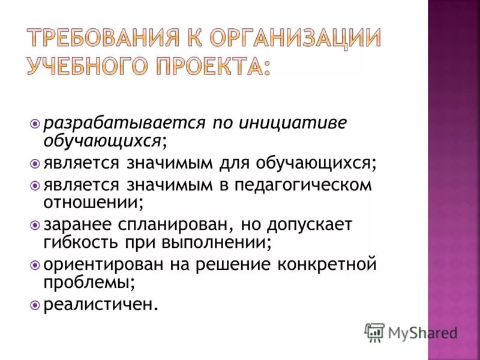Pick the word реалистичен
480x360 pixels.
tap(100, 305)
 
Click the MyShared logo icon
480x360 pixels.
tap(374, 332)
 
